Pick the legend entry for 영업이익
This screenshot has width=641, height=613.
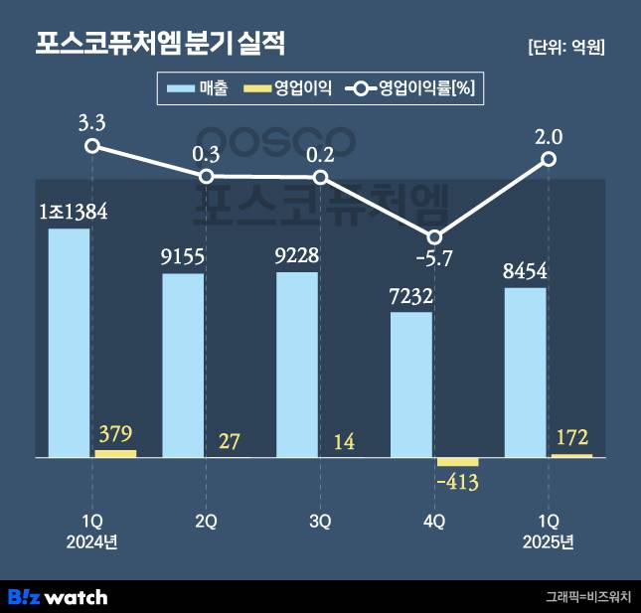coord(292,89)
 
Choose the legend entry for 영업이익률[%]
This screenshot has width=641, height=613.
coord(415,89)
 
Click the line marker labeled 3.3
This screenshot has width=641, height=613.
coord(92,146)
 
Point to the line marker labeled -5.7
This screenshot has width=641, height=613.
coord(434,236)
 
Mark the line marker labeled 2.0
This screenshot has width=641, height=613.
coord(549,159)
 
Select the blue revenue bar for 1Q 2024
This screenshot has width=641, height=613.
coord(70,343)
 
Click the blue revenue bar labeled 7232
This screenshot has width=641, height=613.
coord(411,384)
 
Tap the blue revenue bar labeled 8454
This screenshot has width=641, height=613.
coord(526,373)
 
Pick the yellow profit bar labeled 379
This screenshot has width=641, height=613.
coord(115,454)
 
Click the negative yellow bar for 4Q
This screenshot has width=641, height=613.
coord(457,462)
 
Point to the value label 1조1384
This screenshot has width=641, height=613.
coord(73,212)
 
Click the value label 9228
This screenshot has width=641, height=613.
coord(298,255)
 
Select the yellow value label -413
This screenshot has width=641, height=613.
coord(458,484)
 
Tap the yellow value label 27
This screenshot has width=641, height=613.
coord(229,442)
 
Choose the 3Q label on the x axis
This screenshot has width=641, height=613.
coord(320,520)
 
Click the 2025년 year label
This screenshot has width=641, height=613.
coord(549,541)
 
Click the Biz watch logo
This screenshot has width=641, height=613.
coord(58,597)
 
